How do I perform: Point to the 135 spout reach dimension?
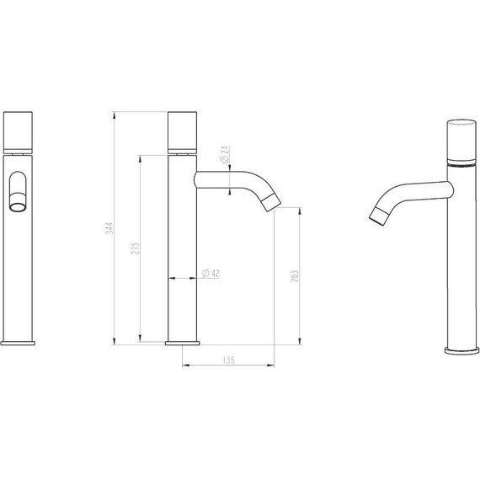(227, 360)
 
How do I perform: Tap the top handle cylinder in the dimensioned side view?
(183, 130)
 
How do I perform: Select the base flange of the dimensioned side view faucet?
(183, 342)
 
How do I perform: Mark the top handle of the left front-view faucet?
(19, 130)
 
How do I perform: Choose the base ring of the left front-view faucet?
(19, 342)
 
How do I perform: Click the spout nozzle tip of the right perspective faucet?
(376, 217)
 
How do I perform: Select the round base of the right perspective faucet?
(461, 348)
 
